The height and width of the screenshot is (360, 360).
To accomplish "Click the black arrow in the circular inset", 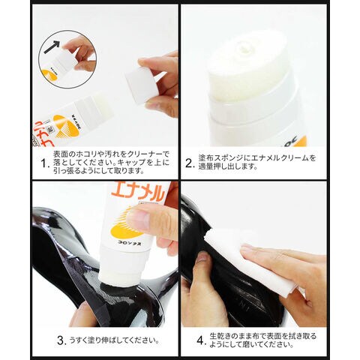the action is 52,46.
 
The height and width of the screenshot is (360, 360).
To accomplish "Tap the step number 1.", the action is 44,163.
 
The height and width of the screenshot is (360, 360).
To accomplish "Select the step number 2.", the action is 190,163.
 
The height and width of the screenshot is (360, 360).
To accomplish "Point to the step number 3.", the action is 61,340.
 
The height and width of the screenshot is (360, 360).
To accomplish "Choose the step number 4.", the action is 202,340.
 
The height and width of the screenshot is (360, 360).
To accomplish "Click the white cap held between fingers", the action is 140,85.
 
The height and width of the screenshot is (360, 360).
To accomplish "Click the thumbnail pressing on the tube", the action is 136,216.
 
